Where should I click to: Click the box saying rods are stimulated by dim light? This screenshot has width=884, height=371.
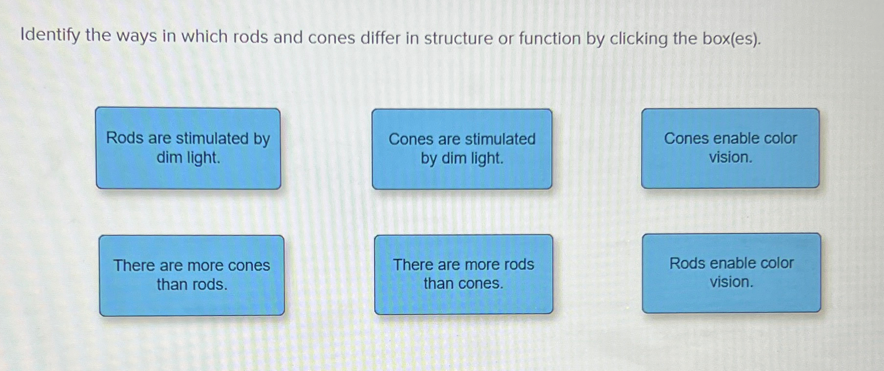(x=188, y=148)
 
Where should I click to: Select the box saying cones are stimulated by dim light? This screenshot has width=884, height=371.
(x=462, y=149)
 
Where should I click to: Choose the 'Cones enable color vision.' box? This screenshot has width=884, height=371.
(x=730, y=148)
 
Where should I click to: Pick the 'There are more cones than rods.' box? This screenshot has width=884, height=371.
(x=192, y=275)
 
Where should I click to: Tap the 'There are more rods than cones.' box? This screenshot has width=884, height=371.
(x=463, y=274)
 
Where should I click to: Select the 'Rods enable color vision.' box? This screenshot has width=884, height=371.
(x=731, y=273)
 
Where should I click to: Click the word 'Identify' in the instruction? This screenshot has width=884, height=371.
(x=50, y=36)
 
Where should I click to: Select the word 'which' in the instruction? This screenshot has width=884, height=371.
(x=204, y=37)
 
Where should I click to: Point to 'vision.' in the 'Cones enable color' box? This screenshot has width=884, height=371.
(x=730, y=157)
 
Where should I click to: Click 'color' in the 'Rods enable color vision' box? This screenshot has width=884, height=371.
(x=777, y=263)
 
